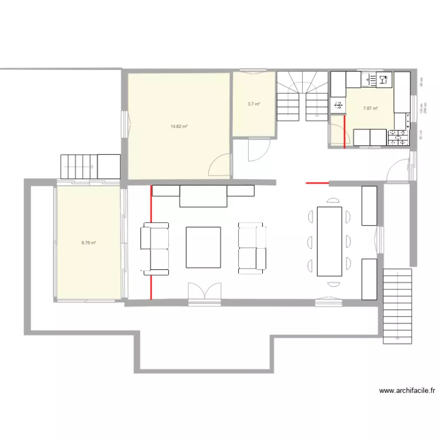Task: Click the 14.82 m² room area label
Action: tap(179, 126)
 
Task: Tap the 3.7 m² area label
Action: tap(254, 104)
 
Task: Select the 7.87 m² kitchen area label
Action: tap(370, 108)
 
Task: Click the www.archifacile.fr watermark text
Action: tap(407, 390)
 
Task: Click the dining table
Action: tap(329, 241)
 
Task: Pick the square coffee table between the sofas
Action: tap(203, 247)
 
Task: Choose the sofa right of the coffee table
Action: tap(252, 248)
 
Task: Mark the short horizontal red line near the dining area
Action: tap(318, 183)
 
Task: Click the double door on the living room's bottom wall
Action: tap(205, 292)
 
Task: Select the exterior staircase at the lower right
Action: tap(397, 306)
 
